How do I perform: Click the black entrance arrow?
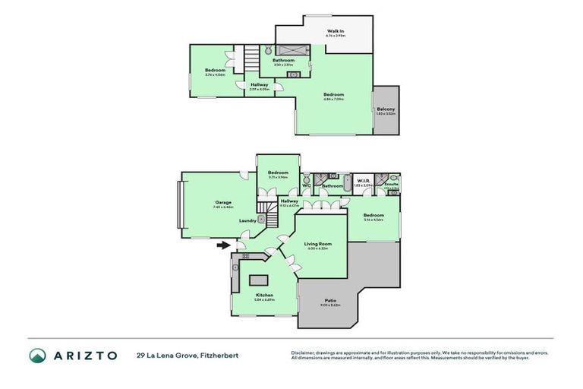tap(222, 245)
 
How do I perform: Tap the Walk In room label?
tap(336, 31)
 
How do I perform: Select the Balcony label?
tap(386, 109)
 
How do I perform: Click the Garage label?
tap(222, 202)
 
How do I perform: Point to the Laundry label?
tap(247, 220)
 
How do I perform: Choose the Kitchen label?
tap(264, 295)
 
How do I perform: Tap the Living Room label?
tap(321, 244)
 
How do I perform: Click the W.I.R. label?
tap(364, 181)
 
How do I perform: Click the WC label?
tap(307, 185)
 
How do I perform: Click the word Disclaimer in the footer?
tap(303, 353)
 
